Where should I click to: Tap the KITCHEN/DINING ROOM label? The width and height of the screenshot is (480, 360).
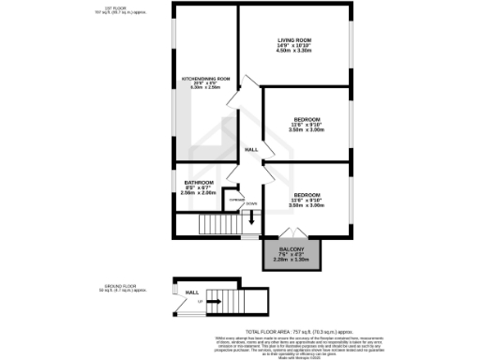[x=202, y=79]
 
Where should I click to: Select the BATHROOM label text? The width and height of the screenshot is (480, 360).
[x=198, y=182]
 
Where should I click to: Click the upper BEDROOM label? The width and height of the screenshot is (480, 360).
[x=307, y=119]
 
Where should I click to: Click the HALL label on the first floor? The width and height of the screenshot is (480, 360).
[x=251, y=150]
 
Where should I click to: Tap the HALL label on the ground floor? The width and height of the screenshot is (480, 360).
[x=191, y=293]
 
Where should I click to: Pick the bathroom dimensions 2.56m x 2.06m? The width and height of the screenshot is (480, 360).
[x=198, y=193]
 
